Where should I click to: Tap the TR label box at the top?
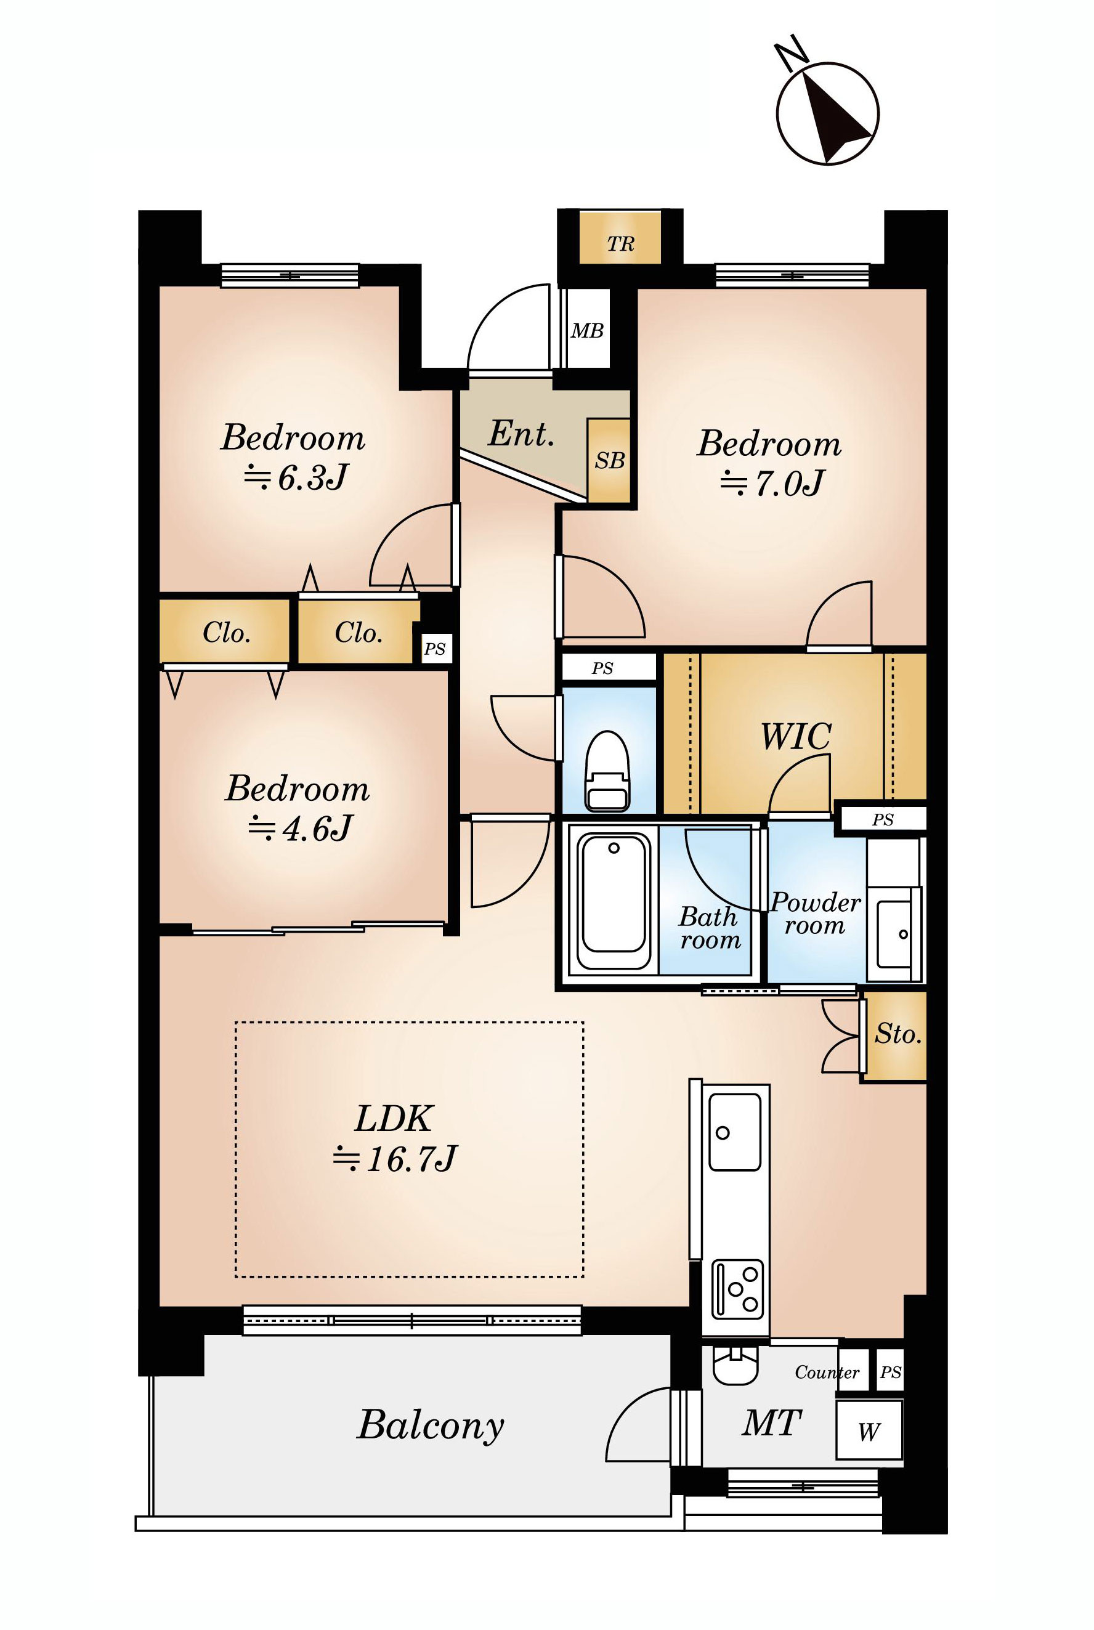(x=620, y=238)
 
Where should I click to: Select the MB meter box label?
(x=587, y=331)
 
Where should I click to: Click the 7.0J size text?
(x=772, y=483)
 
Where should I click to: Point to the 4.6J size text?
(x=300, y=829)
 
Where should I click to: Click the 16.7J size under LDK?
(x=395, y=1159)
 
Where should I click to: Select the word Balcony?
(x=431, y=1424)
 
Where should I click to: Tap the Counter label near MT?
(x=827, y=1373)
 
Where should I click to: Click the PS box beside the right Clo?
(x=435, y=649)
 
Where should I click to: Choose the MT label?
(x=772, y=1423)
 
